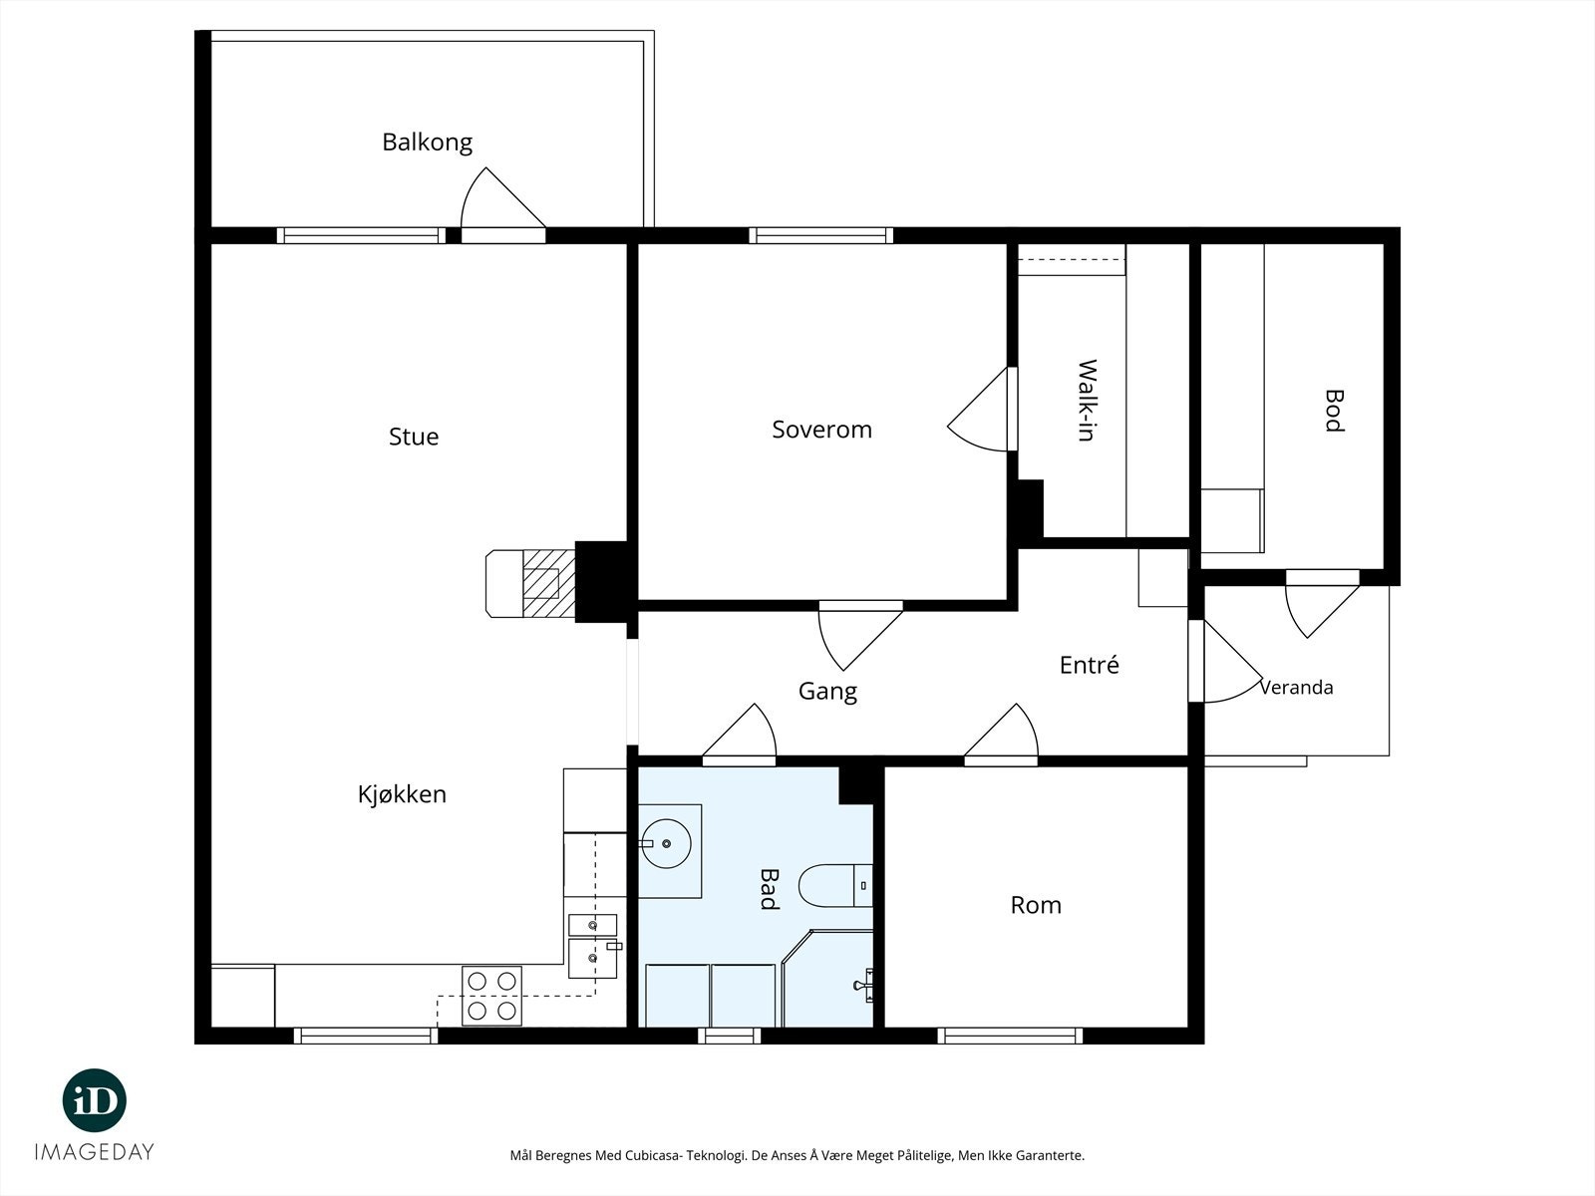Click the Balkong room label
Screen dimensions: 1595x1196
pos(428,143)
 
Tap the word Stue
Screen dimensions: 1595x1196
pos(414,437)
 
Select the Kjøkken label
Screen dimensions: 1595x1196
pos(402,793)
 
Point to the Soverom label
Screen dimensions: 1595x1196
pos(821,430)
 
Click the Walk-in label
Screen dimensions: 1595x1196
pos(1087,400)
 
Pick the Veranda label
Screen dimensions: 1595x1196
pos(1296,687)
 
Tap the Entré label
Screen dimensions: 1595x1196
pos(1090,665)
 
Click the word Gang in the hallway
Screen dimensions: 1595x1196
pos(827,692)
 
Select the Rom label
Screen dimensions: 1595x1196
pos(1036,905)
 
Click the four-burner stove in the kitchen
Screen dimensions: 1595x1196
pos(491,996)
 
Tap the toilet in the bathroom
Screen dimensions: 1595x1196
pos(835,886)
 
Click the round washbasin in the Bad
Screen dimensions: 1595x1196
pos(666,844)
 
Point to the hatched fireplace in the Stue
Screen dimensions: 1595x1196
pos(530,584)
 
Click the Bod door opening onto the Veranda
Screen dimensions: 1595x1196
pos(1322,603)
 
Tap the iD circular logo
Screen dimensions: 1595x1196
pos(95,1100)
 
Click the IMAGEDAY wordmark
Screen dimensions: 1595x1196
pos(95,1152)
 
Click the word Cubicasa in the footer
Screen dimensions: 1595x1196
pos(654,1155)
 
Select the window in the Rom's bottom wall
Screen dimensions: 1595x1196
pos(1009,1036)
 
